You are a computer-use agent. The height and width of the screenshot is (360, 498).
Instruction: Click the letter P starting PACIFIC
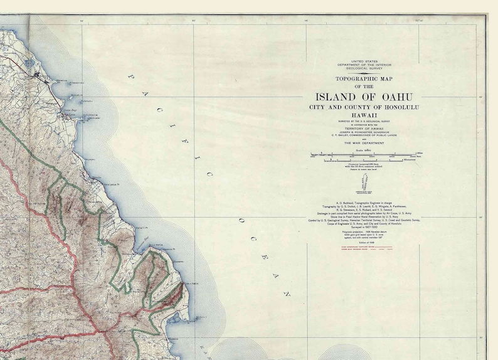[131, 77]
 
